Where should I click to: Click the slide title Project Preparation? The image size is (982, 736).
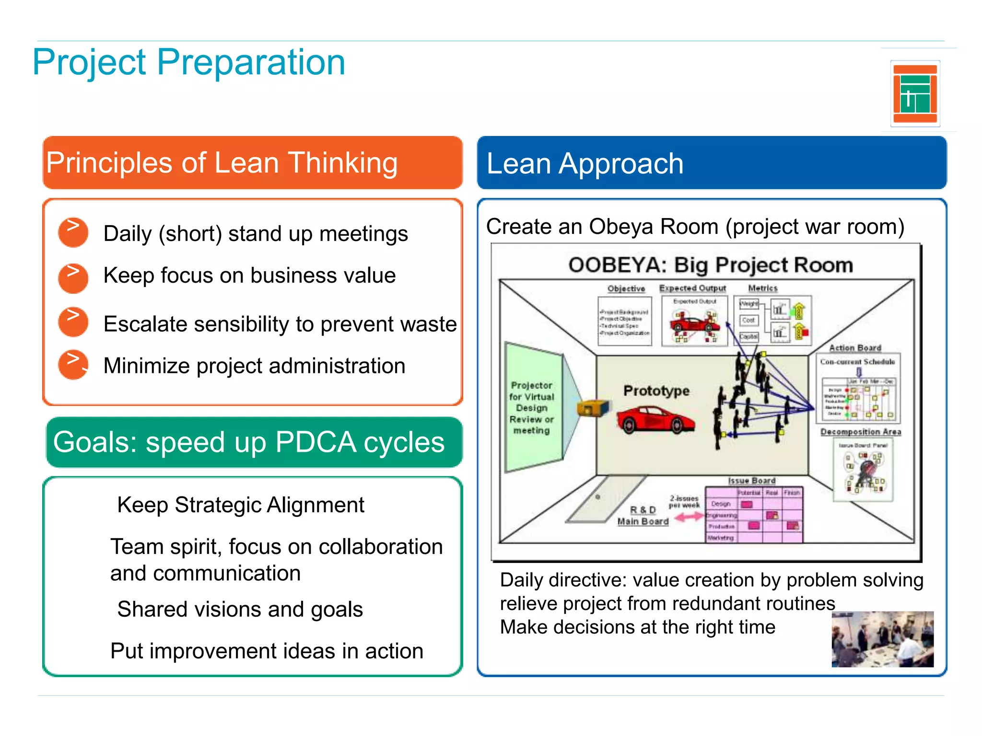click(x=189, y=62)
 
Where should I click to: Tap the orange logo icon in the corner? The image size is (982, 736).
click(x=915, y=94)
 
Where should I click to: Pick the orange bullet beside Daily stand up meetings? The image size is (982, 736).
click(x=73, y=232)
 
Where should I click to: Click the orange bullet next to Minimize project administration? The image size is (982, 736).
click(x=73, y=365)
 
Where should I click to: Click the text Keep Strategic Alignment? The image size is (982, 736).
click(x=241, y=505)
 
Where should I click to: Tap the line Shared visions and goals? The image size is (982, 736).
click(x=240, y=609)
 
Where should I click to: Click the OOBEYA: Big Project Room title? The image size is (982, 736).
click(x=711, y=265)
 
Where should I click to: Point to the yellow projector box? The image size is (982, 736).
click(x=592, y=408)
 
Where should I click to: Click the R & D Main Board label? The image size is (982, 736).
click(x=643, y=516)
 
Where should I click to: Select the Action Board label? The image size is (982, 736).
click(x=855, y=348)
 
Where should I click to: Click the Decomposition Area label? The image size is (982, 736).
click(x=860, y=432)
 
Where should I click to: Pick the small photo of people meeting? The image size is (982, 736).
click(x=882, y=639)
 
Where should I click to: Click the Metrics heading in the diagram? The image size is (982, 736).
click(x=762, y=288)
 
